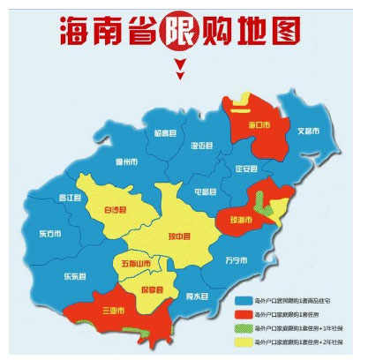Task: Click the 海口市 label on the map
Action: point(258,125)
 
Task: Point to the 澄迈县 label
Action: point(202,146)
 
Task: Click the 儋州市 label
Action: point(127,162)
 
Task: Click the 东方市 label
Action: point(50,235)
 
